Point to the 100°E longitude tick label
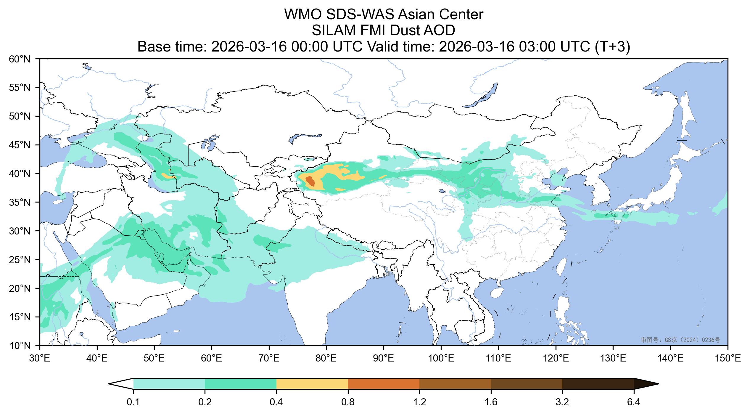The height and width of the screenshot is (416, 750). tap(441, 359)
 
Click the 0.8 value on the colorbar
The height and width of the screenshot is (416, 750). tap(348, 402)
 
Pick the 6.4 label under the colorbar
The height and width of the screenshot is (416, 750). tap(634, 402)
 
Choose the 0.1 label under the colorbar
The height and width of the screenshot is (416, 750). tap(133, 402)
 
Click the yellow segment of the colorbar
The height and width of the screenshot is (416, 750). tap(312, 384)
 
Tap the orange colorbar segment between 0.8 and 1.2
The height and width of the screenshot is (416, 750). tap(384, 384)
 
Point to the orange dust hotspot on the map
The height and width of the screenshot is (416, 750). tap(310, 181)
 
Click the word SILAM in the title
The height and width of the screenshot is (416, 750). tap(331, 30)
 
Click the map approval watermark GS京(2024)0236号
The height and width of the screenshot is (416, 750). tap(680, 340)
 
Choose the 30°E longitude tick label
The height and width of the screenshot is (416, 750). tap(40, 359)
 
